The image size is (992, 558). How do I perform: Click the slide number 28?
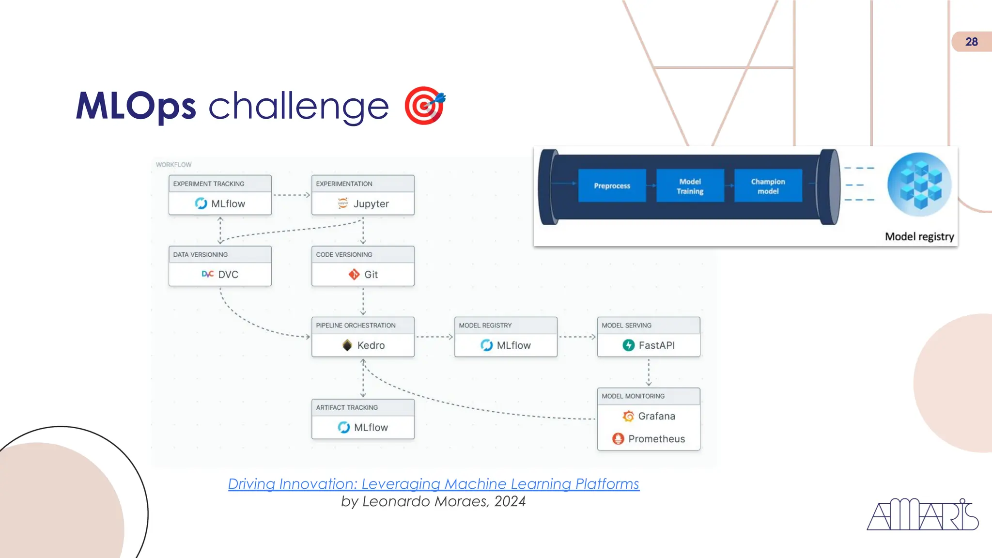point(971,42)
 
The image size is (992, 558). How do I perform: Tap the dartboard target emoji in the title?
point(424,106)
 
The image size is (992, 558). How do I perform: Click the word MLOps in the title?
point(136,106)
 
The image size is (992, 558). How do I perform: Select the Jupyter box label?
point(371,204)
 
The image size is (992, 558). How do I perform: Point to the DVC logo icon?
point(207,274)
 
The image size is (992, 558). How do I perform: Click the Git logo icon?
point(354,275)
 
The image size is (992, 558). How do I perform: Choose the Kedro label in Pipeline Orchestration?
point(371,345)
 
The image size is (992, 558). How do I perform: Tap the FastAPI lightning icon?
point(628,345)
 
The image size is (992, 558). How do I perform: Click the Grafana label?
point(656,416)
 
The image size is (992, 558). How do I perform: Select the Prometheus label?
point(656,439)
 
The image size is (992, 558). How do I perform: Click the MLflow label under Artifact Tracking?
point(371,428)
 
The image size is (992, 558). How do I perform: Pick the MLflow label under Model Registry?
point(514,345)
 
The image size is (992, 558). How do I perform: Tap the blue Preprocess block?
point(612,186)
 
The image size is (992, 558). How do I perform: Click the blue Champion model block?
point(768,186)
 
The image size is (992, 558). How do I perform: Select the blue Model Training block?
point(690,186)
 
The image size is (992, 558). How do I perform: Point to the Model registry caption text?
point(919,236)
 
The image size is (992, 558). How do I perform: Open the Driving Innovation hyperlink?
point(434,484)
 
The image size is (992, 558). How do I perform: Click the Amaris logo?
point(922,515)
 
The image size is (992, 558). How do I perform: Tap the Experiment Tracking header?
point(209,184)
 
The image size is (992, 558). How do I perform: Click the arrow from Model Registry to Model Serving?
point(577,337)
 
